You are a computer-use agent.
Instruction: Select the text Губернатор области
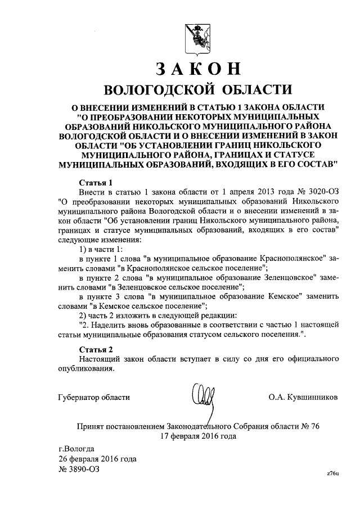click(94, 397)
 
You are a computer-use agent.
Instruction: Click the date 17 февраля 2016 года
click(197, 436)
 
